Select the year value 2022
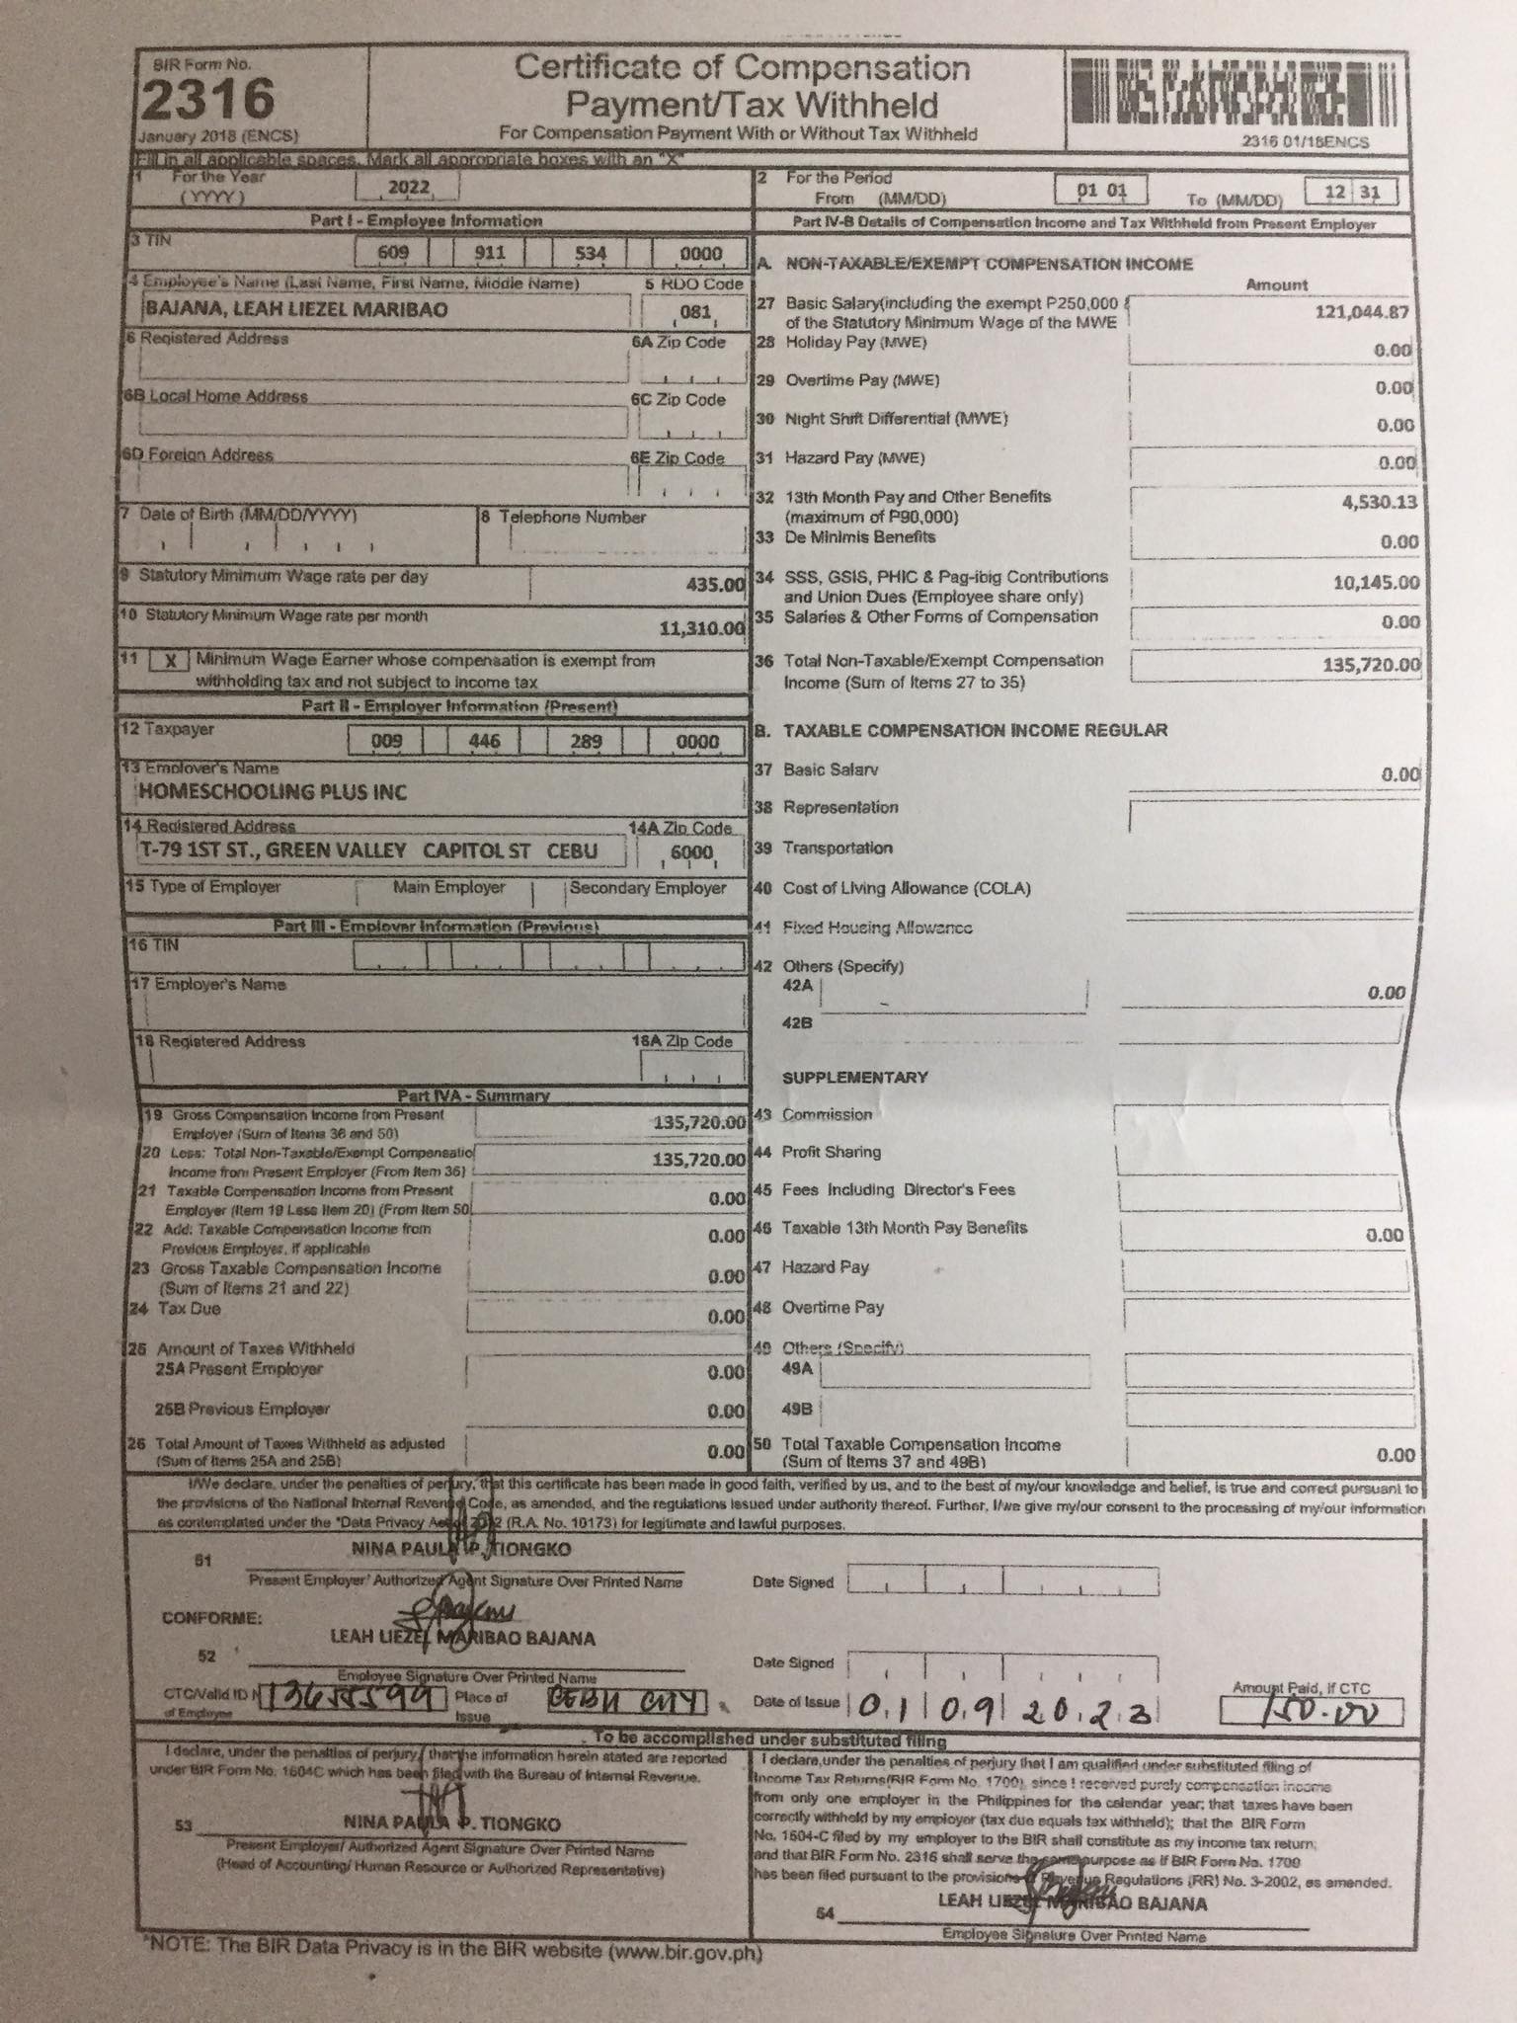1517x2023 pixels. pos(409,188)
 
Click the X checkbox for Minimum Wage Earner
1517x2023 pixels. pos(170,662)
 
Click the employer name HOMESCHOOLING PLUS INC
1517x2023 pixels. pos(272,792)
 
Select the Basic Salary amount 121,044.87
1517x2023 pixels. pos(1361,312)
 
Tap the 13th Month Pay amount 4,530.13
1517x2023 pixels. pos(1379,502)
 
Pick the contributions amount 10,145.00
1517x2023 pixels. pos(1376,583)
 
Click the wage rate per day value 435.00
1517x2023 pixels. pos(714,585)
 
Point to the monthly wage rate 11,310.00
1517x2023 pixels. pos(700,628)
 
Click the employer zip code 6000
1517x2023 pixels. pos(691,852)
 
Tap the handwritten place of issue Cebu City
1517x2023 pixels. pos(628,1702)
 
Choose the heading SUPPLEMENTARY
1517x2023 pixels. pos(854,1077)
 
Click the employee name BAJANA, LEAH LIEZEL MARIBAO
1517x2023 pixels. pos(296,309)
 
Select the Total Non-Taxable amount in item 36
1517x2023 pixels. pos(1371,665)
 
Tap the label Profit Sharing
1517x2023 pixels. pos(831,1152)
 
